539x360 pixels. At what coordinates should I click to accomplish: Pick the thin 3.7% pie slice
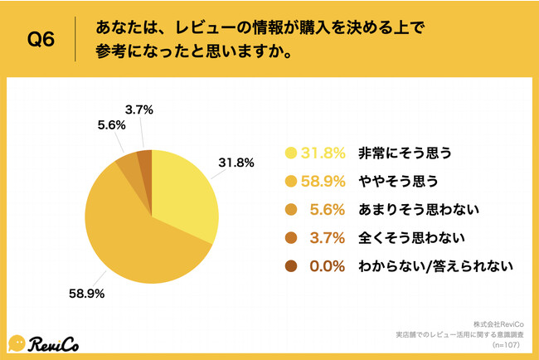(145, 159)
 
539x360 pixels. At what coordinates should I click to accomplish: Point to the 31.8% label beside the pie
(236, 163)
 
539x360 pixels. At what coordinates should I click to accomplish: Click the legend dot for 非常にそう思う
(291, 153)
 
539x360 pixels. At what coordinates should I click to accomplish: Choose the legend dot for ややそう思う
(291, 181)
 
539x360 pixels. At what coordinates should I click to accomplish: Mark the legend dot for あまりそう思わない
(291, 209)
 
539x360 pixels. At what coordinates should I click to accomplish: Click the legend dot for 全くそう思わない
(291, 238)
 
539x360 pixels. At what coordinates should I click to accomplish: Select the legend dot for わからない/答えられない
(291, 266)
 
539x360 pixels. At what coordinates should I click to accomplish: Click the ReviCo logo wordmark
(57, 342)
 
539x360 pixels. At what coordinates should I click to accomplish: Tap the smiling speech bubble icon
(17, 343)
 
